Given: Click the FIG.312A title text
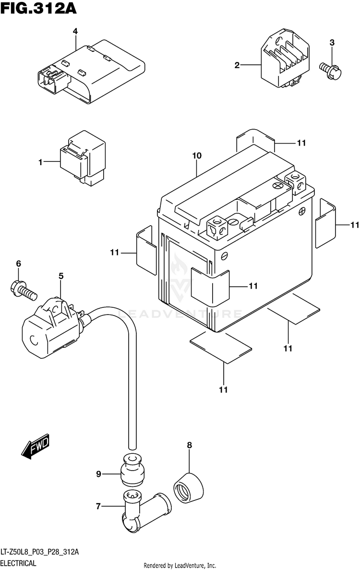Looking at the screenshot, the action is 38,8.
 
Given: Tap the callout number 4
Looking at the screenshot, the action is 75,31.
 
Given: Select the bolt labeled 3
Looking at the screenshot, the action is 331,71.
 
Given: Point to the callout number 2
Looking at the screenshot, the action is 237,65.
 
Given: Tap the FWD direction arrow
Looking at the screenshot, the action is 35,446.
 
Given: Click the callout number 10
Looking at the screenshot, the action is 196,156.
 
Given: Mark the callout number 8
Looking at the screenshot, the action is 189,445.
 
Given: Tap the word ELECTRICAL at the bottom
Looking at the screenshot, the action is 19,563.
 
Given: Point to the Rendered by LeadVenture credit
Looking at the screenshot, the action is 180,565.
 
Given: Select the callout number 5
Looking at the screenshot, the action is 61,276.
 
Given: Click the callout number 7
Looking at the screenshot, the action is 98,506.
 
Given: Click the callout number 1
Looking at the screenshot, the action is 41,162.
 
